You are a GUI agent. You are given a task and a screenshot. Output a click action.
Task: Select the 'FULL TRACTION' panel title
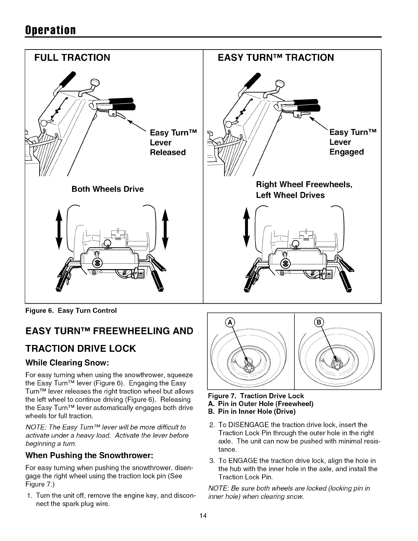(x=72, y=57)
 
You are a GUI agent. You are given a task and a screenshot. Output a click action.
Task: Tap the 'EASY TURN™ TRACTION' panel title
(x=276, y=57)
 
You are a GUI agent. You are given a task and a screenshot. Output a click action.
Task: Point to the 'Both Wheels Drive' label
(x=108, y=189)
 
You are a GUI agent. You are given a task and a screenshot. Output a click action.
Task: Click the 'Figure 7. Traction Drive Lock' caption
(x=256, y=396)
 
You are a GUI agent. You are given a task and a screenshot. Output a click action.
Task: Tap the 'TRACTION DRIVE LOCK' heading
(x=81, y=348)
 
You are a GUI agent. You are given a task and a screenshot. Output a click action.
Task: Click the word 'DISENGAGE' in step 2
(x=245, y=425)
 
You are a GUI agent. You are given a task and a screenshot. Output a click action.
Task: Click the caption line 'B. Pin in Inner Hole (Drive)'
(x=252, y=412)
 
